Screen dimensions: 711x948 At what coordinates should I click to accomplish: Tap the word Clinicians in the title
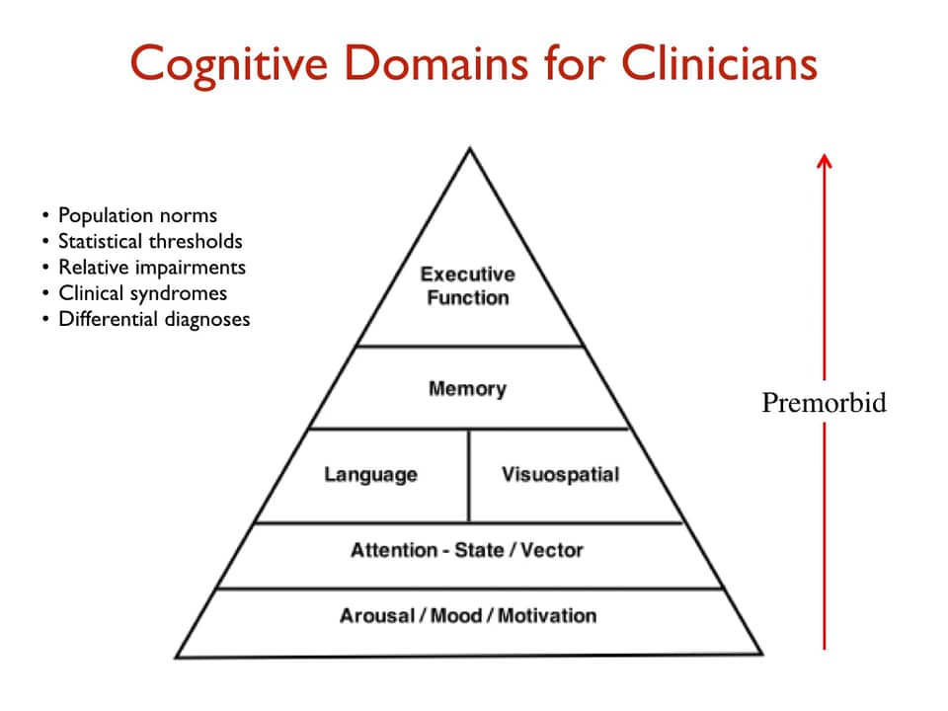[x=719, y=63]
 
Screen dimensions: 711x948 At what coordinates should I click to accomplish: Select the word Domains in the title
[x=481, y=63]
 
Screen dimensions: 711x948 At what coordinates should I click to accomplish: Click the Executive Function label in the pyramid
[x=468, y=285]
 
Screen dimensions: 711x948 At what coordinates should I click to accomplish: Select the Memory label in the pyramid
[x=467, y=388]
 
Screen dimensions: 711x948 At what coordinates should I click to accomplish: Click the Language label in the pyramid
[x=370, y=475]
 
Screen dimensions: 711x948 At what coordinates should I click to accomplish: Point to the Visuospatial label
[x=560, y=475]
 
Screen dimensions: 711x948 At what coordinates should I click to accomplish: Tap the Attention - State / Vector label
[x=467, y=550]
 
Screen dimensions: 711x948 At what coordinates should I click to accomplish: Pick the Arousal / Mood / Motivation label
[x=468, y=616]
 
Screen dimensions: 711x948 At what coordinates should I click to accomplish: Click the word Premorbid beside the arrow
[x=824, y=403]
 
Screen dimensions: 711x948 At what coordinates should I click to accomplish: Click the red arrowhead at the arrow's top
[x=825, y=161]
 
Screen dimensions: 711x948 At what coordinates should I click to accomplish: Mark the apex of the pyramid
[x=469, y=151]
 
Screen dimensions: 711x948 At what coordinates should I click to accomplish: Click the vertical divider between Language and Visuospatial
[x=468, y=475]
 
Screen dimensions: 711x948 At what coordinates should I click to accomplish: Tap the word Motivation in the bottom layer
[x=547, y=616]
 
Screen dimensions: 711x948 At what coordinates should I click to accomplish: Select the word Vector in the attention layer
[x=554, y=550]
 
